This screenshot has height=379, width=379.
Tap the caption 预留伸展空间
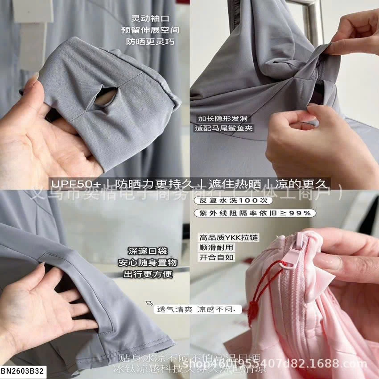pyautogui.click(x=150, y=30)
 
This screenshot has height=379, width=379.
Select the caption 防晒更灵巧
pyautogui.click(x=150, y=42)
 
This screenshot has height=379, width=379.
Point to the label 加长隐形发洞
pyautogui.click(x=222, y=119)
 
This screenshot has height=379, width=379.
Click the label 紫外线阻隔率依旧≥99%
pyautogui.click(x=255, y=213)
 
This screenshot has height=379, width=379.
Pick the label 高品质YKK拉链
pyautogui.click(x=228, y=238)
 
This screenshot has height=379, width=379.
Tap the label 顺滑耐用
pyautogui.click(x=216, y=247)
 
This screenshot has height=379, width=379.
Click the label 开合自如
pyautogui.click(x=216, y=257)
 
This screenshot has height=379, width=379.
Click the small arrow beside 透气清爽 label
pyautogui.click(x=150, y=303)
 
